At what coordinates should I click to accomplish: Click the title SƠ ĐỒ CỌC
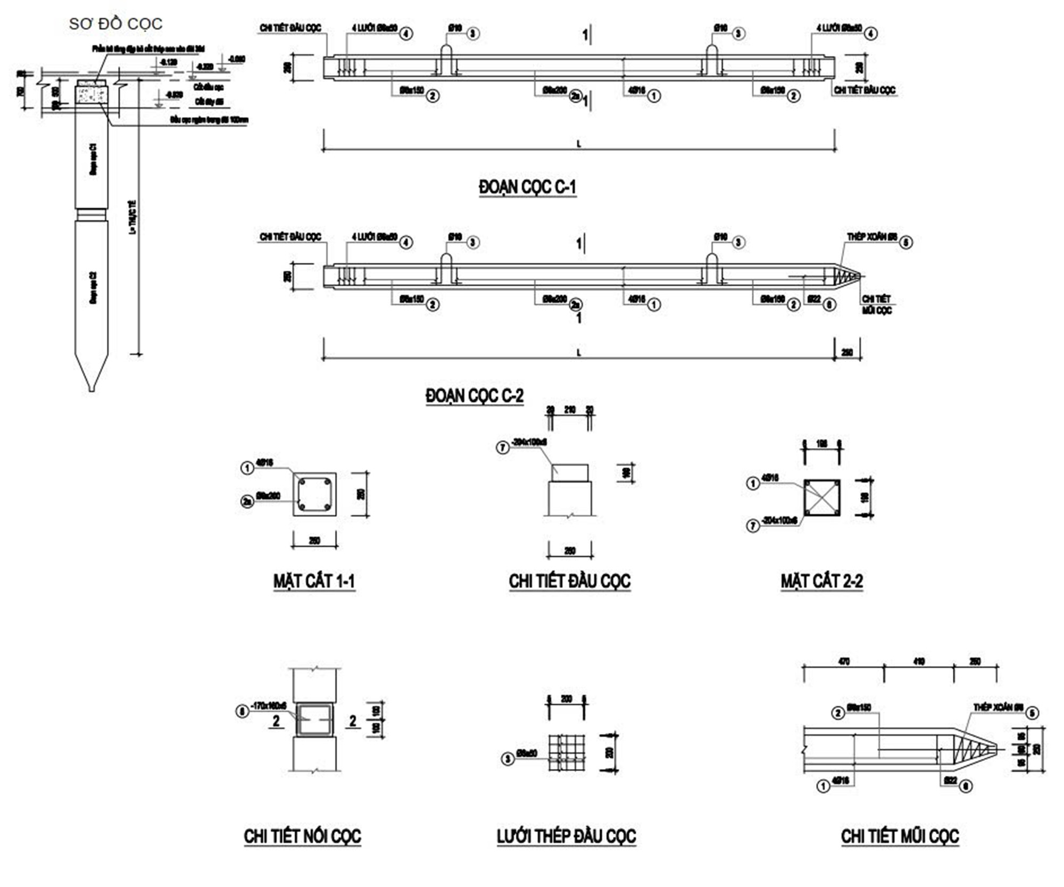click(115, 24)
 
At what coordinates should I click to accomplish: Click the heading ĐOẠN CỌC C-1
click(527, 187)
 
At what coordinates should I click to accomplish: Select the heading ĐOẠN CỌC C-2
click(475, 396)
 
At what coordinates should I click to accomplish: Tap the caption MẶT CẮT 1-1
click(314, 581)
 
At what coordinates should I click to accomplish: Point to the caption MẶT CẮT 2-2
click(821, 581)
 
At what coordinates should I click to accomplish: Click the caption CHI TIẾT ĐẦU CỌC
click(569, 581)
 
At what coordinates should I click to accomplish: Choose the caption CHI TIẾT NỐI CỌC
click(302, 836)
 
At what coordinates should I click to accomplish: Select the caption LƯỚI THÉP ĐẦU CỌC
click(566, 836)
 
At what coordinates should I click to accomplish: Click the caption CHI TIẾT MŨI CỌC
click(900, 836)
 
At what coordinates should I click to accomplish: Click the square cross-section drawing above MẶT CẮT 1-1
click(314, 494)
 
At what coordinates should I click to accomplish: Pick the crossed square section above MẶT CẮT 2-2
click(822, 498)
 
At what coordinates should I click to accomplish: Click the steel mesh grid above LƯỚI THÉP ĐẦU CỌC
click(567, 753)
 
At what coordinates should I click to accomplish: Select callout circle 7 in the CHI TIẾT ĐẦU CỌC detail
click(503, 447)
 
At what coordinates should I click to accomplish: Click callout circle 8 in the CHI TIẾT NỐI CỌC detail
click(242, 711)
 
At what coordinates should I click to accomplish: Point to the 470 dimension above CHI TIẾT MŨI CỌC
click(844, 661)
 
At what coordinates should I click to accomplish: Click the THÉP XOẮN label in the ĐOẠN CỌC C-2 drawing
click(872, 237)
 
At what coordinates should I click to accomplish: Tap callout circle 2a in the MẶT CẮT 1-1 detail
click(247, 501)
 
